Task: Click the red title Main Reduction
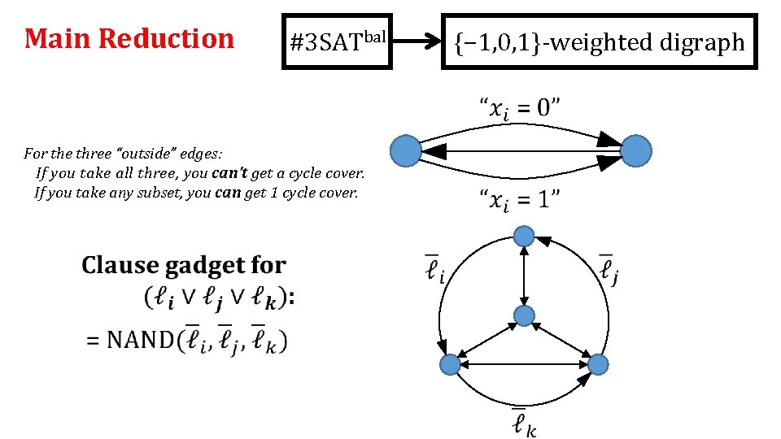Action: click(129, 39)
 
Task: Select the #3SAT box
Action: click(337, 41)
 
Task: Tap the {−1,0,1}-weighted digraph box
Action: click(600, 41)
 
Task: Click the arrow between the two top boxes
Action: click(416, 41)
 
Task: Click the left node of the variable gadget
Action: click(406, 151)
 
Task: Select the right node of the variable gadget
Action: click(636, 151)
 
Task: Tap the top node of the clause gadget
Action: click(525, 237)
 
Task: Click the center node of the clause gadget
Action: click(525, 315)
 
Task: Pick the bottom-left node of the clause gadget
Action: click(449, 365)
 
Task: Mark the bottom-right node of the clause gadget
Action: click(598, 364)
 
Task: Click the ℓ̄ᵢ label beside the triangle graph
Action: click(435, 268)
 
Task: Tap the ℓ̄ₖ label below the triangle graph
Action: click(523, 422)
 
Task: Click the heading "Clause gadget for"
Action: click(184, 265)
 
